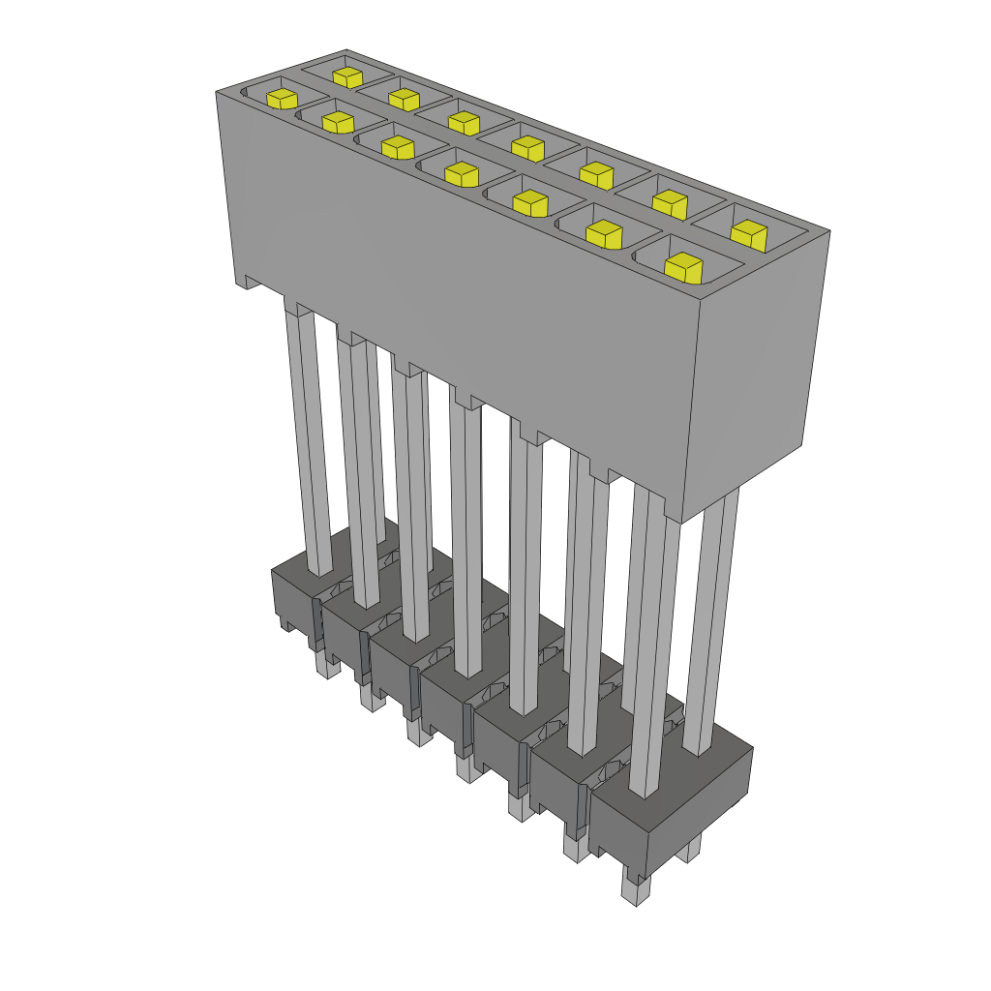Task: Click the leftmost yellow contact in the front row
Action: pyautogui.click(x=282, y=99)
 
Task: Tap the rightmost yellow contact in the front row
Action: pyautogui.click(x=684, y=266)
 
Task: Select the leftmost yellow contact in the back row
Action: pyautogui.click(x=347, y=76)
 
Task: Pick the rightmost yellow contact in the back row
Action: pyautogui.click(x=747, y=233)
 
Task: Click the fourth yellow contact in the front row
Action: pyautogui.click(x=463, y=174)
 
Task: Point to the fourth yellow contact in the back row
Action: pyautogui.click(x=527, y=148)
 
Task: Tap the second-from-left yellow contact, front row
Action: pyautogui.click(x=338, y=122)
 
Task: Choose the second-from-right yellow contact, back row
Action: pyautogui.click(x=669, y=203)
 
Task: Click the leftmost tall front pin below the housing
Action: pyautogui.click(x=309, y=435)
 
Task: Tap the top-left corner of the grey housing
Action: pyautogui.click(x=216, y=92)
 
